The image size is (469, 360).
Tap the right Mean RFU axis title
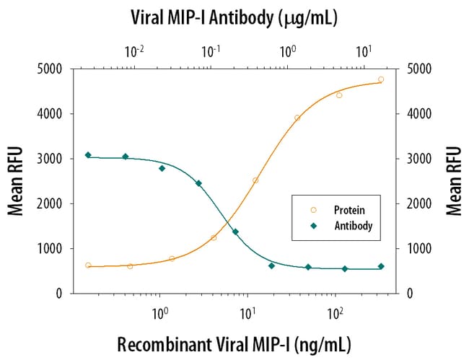coord(452,181)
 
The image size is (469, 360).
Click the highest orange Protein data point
coord(381,79)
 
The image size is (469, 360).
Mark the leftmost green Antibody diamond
coord(88,155)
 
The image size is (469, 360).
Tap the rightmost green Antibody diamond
coord(381,266)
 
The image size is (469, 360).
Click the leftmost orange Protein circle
coord(88,265)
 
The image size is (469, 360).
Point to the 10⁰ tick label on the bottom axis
coord(159,316)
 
